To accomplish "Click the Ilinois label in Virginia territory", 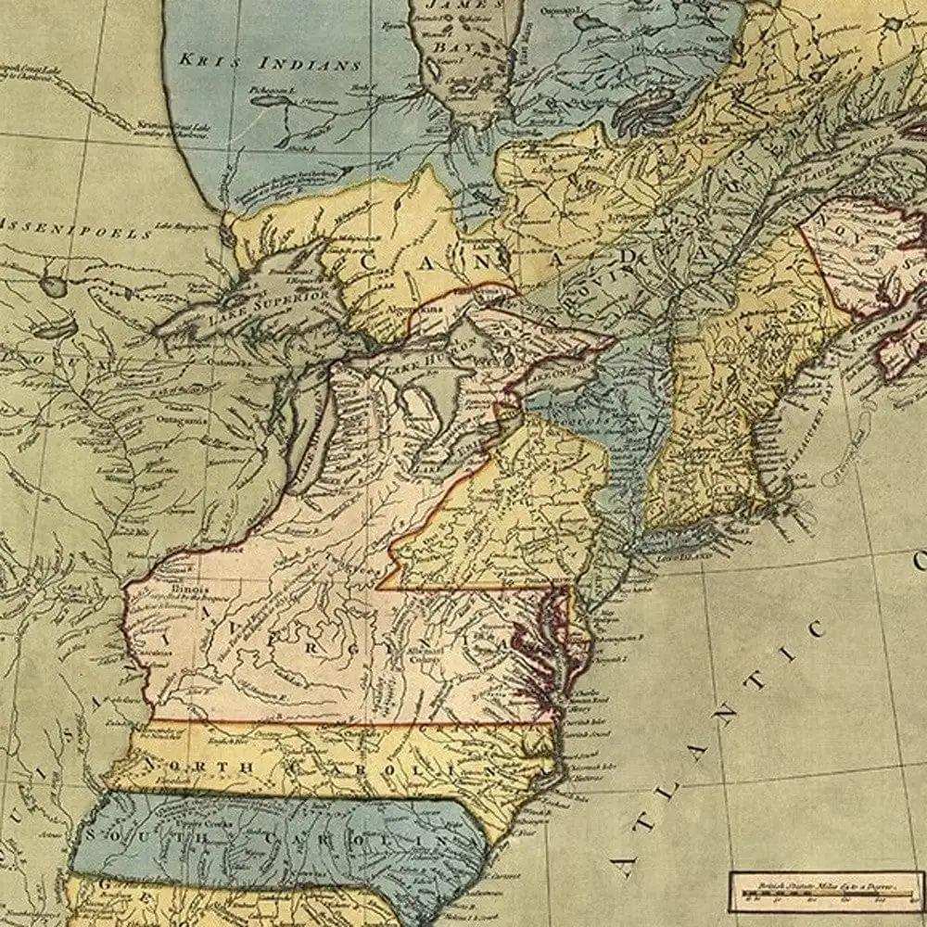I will (x=189, y=589).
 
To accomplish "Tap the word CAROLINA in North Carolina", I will (x=399, y=768).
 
